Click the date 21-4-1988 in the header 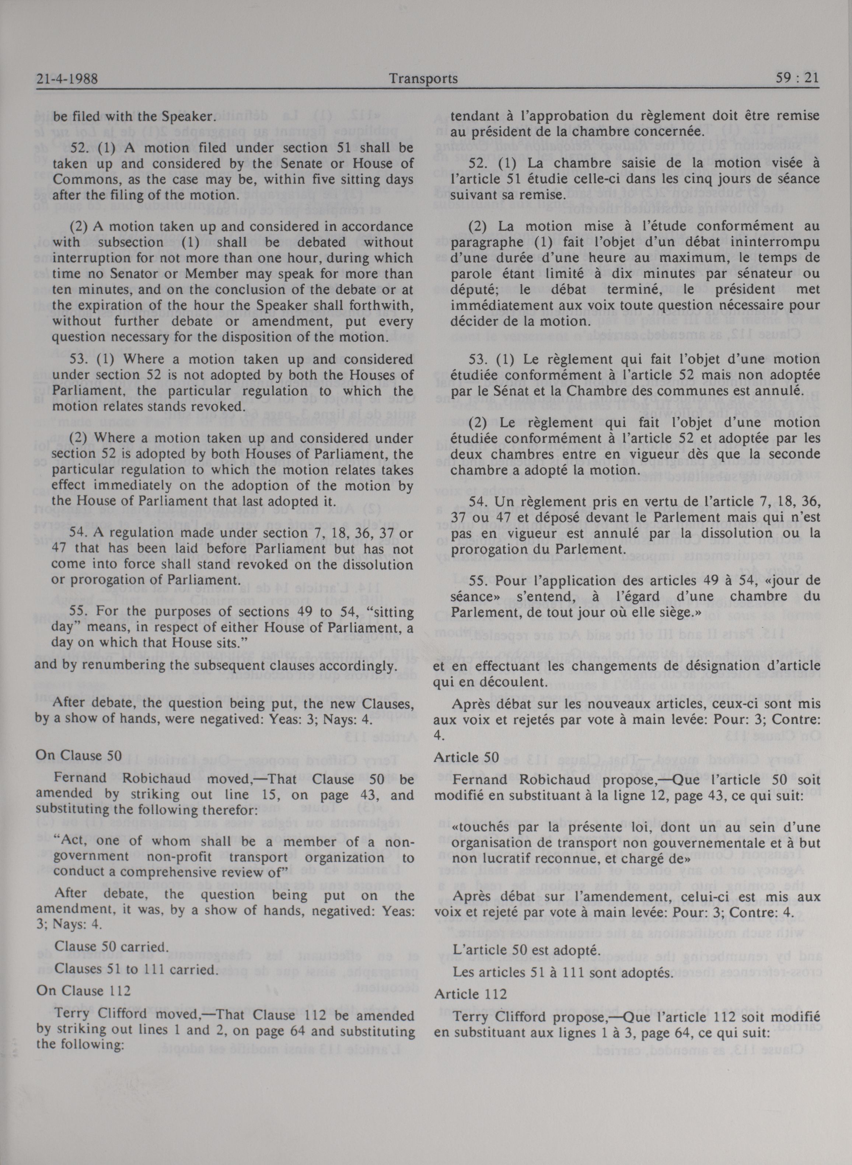pyautogui.click(x=67, y=79)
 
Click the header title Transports pyautogui.click(x=423, y=79)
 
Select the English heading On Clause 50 pyautogui.click(x=78, y=756)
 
